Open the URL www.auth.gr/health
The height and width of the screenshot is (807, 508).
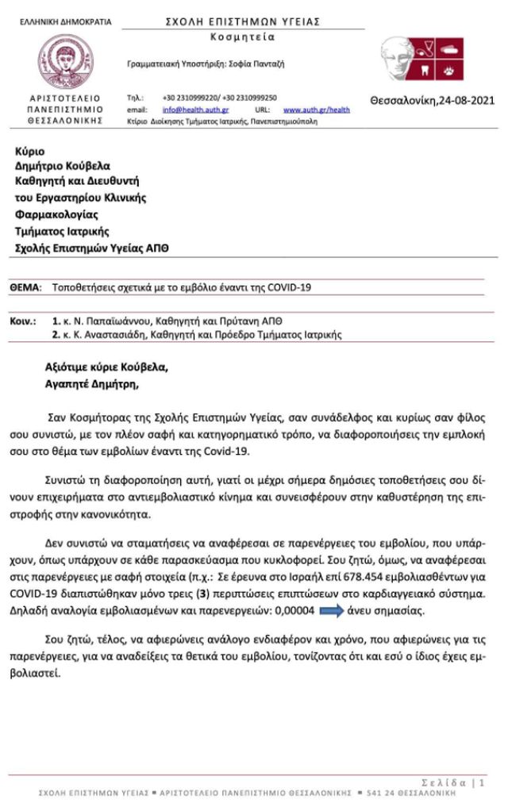316,110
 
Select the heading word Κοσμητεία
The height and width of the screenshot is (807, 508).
243,37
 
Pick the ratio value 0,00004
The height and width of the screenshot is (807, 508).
297,610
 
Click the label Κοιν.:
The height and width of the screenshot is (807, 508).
23,321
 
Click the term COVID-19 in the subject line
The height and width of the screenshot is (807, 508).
291,286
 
